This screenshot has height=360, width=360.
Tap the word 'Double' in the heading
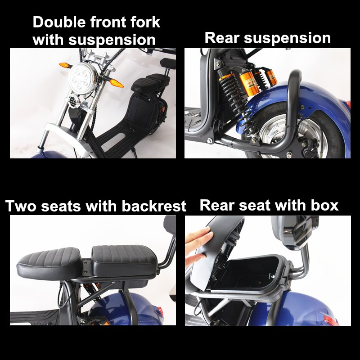pyautogui.click(x=59, y=22)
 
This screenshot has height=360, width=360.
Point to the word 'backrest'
pyautogui.click(x=154, y=206)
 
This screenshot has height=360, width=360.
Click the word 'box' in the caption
pyautogui.click(x=324, y=205)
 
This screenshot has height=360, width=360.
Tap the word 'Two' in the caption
pyautogui.click(x=21, y=206)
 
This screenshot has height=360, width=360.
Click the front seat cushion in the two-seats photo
pyautogui.click(x=49, y=263)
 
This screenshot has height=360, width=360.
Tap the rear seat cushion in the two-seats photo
pyautogui.click(x=125, y=260)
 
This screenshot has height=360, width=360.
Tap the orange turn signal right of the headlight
pyautogui.click(x=117, y=83)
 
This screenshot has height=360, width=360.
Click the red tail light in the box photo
pyautogui.click(x=331, y=320)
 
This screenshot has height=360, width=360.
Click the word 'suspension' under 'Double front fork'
pyautogui.click(x=112, y=40)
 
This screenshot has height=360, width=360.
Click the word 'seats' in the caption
pyautogui.click(x=61, y=206)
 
